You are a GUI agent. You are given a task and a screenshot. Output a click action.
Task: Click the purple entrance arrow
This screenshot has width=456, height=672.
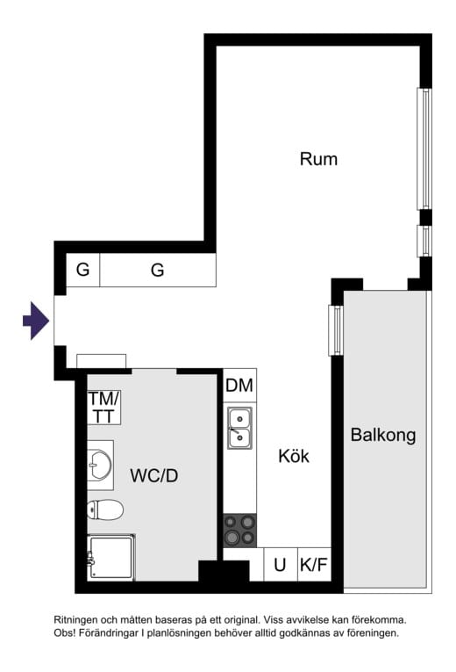coord(35,321)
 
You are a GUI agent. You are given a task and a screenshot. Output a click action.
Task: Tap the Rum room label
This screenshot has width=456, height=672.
coord(318,159)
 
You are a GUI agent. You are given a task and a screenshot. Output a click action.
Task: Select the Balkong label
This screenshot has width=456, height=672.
coord(382,435)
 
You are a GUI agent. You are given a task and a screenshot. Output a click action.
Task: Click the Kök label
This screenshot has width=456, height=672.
coord(294,456)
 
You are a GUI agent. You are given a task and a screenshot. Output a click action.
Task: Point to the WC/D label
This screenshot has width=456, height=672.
coord(154,476)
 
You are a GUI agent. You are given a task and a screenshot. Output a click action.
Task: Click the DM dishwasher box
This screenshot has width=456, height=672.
coord(239,385)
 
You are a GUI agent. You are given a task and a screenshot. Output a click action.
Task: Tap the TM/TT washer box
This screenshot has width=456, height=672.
coord(103,407)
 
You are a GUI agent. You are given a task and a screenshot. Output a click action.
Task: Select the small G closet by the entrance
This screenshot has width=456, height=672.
coord(82,271)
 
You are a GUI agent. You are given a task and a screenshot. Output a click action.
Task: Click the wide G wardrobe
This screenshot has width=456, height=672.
coord(158,271)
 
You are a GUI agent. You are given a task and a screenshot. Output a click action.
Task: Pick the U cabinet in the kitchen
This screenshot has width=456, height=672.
coord(280,565)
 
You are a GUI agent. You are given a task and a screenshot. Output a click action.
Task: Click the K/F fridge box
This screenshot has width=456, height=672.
coord(313,565)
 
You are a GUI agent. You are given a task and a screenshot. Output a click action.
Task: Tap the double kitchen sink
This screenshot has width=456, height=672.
coord(239,428)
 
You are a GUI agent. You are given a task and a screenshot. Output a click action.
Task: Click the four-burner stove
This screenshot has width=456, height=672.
coord(239,530)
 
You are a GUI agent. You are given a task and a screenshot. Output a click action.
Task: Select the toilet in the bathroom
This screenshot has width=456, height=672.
coord(105,509)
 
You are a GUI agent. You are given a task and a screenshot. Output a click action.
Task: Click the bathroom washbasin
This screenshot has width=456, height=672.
coord(100,465)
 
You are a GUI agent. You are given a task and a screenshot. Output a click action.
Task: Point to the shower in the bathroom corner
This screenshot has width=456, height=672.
coord(110,558)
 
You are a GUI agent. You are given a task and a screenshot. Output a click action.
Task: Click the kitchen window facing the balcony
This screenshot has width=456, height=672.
coord(335,329)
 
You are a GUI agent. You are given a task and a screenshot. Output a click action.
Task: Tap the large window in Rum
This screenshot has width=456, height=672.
coord(424,148)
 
